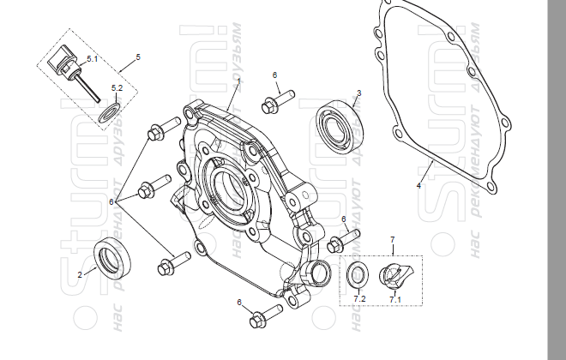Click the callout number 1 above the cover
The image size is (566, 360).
pyautogui.click(x=239, y=80)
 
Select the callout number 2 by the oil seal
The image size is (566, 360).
pyautogui.click(x=80, y=274)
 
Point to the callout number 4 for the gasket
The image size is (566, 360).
pyautogui.click(x=418, y=185)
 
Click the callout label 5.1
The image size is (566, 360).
pyautogui.click(x=92, y=58)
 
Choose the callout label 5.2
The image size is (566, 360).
pyautogui.click(x=117, y=87)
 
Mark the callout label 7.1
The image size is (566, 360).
pyautogui.click(x=394, y=299)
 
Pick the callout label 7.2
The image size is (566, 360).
pyautogui.click(x=360, y=298)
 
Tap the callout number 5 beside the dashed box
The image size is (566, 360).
pyautogui.click(x=138, y=57)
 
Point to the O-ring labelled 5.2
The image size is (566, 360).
pyautogui.click(x=107, y=112)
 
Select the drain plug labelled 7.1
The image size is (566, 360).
pyautogui.click(x=395, y=277)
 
